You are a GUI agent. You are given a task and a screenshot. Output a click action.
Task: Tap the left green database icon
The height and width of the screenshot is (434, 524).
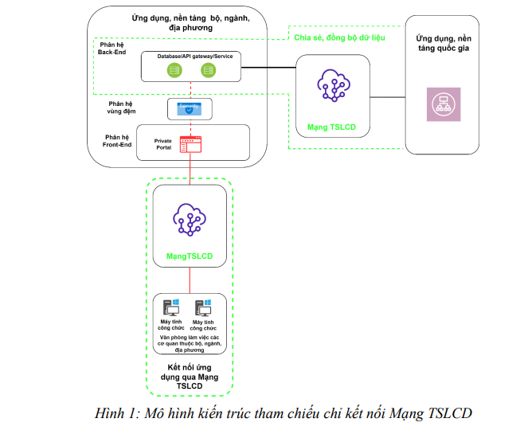tap(174, 71)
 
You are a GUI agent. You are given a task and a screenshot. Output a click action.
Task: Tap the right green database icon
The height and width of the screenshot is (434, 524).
tap(209, 71)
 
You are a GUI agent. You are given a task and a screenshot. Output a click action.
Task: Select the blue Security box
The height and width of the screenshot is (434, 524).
tap(189, 108)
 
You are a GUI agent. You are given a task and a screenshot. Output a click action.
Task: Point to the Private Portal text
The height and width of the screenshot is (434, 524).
tap(162, 143)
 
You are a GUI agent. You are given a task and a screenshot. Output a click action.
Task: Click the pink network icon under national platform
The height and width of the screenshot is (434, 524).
tap(442, 104)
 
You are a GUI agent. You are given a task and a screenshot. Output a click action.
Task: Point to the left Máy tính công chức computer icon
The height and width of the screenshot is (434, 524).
tap(172, 307)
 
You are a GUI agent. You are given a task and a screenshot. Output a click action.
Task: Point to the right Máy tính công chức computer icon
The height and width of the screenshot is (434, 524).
tap(204, 307)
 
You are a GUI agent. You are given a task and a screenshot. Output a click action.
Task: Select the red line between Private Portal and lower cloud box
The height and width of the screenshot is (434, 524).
tap(190, 170)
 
